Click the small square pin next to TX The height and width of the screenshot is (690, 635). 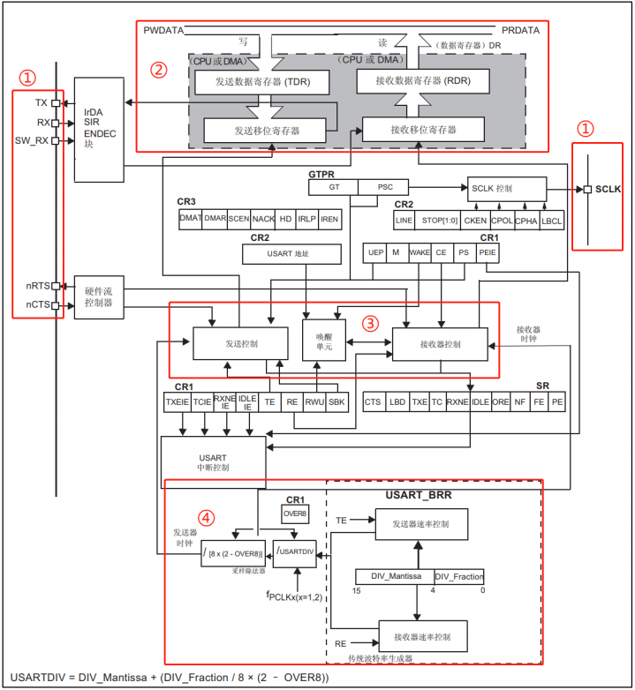point(55,103)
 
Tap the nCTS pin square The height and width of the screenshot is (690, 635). point(55,305)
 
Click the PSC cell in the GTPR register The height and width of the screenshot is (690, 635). point(386,187)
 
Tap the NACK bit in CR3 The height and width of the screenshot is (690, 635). point(263,219)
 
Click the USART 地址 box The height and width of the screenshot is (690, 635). point(291,254)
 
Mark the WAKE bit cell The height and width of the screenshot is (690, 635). point(420,253)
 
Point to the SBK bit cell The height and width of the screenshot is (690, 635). point(336,402)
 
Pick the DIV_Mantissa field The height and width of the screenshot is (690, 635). point(394,576)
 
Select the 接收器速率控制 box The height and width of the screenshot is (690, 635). point(422,635)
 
